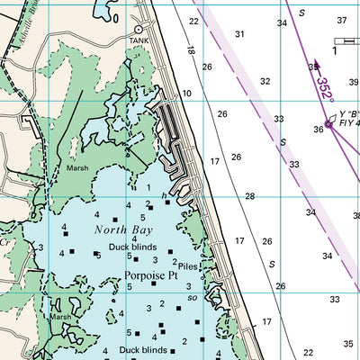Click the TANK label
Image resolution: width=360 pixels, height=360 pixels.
click(x=138, y=40)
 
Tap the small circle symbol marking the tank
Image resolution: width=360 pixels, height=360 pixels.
click(x=138, y=30)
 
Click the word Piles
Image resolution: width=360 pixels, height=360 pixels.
click(x=187, y=267)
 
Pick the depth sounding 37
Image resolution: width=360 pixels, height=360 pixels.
click(x=341, y=20)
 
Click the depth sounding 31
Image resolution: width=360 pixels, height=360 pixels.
click(x=239, y=34)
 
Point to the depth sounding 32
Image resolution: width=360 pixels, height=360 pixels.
click(x=265, y=81)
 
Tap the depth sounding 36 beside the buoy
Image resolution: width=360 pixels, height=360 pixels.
click(x=318, y=130)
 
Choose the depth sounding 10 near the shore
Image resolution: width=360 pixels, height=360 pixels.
click(x=187, y=94)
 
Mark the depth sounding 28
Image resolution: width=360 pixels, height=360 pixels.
click(x=250, y=196)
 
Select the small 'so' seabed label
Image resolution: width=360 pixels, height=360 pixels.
click(x=192, y=298)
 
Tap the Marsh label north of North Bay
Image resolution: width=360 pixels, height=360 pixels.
click(x=77, y=167)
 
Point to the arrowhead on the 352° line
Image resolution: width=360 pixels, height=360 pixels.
click(x=315, y=66)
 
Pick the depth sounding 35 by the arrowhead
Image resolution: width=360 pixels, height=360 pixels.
click(x=311, y=67)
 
